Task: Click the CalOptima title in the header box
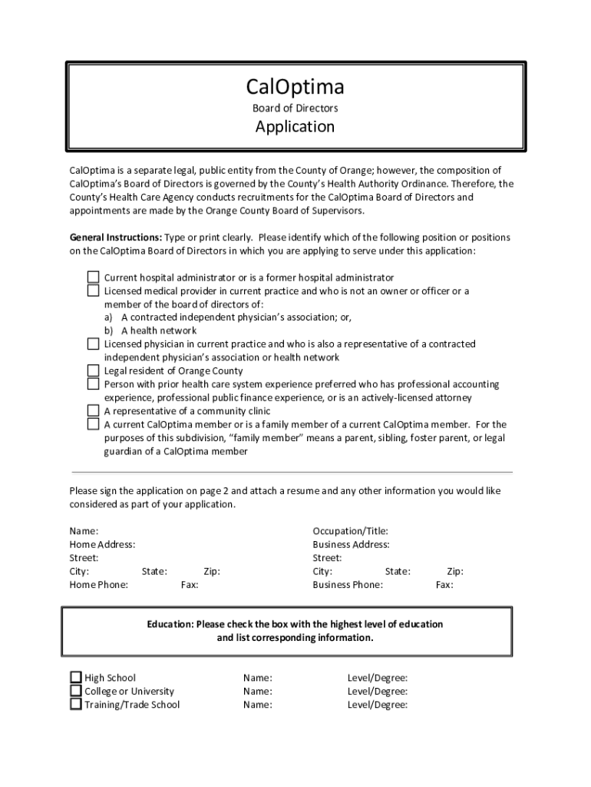point(295,86)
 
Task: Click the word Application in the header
point(295,127)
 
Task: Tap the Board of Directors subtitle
point(295,108)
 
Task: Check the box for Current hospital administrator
point(93,277)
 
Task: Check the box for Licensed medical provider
point(93,291)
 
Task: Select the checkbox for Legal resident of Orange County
point(93,370)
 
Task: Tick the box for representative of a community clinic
point(93,410)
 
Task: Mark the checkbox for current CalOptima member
point(93,424)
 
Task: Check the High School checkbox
point(76,678)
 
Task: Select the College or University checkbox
point(76,691)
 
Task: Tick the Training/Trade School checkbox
point(76,704)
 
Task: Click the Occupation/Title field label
point(350,531)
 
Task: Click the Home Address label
point(102,544)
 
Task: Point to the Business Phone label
point(347,585)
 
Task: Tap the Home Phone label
point(98,585)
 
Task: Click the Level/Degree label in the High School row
point(377,678)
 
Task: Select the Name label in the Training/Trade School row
point(257,705)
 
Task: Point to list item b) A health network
point(150,330)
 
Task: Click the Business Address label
point(351,544)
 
